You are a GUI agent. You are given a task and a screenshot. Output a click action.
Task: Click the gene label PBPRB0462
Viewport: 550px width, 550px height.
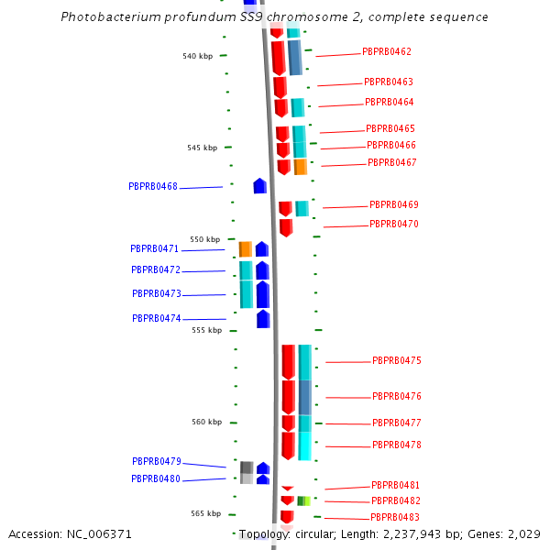387,52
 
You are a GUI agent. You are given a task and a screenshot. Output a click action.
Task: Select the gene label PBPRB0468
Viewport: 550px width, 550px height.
153,186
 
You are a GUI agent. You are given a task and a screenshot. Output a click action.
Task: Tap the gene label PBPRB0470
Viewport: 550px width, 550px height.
394,224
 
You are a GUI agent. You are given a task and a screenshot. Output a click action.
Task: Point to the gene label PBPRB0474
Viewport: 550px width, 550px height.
157,318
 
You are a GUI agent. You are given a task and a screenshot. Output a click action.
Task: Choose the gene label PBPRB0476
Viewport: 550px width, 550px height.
397,397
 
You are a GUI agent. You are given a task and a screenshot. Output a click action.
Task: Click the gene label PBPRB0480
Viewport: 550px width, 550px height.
156,478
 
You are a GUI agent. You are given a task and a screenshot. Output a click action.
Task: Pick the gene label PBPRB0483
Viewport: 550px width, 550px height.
396,518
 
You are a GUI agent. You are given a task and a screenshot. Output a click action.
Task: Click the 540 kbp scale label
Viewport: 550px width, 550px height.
197,56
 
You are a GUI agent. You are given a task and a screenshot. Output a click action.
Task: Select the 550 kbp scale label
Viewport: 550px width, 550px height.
205,239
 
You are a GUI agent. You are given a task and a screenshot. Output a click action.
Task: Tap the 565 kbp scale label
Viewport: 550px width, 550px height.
206,514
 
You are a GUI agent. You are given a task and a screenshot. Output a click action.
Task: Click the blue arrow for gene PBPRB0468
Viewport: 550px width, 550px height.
260,186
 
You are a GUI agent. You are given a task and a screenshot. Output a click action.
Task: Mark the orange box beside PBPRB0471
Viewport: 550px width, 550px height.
246,249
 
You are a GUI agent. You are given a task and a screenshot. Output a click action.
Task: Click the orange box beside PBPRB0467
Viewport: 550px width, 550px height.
301,167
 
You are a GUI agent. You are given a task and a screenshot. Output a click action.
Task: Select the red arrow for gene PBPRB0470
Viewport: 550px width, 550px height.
286,227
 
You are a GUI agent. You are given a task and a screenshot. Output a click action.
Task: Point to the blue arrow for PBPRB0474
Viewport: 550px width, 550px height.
263,319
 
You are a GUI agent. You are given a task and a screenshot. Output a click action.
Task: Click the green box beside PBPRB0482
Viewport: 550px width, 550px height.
303,500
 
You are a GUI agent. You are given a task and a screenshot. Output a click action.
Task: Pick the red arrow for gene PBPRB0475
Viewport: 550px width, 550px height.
288,362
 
